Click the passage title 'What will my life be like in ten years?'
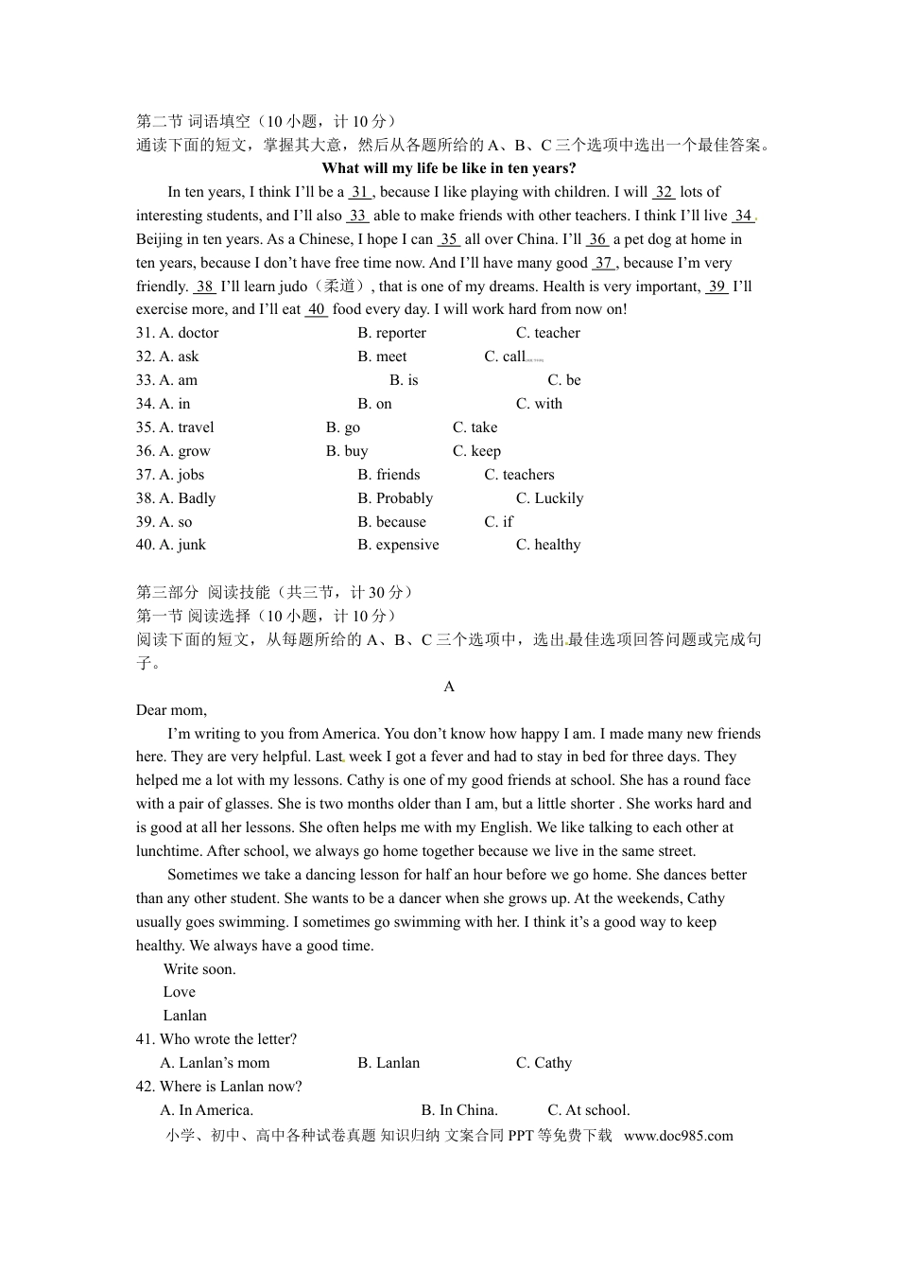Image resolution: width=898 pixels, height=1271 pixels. [449, 168]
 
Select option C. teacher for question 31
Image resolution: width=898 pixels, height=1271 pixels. [547, 333]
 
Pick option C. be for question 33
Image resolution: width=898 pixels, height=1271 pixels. [564, 380]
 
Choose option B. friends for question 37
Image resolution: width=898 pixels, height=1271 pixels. [389, 475]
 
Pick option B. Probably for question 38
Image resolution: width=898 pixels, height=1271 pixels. [395, 498]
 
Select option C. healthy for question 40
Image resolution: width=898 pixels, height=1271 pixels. [548, 545]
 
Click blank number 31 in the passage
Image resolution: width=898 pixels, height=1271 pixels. [359, 192]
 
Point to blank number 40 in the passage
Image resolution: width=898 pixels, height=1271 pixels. [317, 309]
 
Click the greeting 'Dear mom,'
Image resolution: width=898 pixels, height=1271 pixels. [171, 710]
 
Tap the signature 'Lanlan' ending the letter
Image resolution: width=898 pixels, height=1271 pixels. [184, 1016]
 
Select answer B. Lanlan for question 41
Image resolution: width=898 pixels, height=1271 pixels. [389, 1063]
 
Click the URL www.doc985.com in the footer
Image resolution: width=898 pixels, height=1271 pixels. [678, 1136]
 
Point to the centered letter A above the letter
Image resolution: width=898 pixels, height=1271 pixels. [449, 687]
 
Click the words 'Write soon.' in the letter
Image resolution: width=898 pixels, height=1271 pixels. [199, 969]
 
